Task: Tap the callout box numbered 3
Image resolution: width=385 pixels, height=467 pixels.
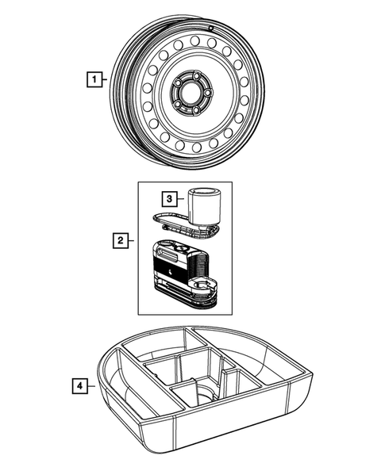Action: [168, 198]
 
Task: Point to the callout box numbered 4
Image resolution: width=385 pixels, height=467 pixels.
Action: [79, 387]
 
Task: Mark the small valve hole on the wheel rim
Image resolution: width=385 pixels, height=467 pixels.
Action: [214, 28]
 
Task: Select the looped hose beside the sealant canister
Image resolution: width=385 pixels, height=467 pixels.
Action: [171, 225]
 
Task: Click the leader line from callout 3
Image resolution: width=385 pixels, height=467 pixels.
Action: [181, 198]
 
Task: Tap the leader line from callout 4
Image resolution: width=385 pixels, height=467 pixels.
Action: [91, 387]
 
